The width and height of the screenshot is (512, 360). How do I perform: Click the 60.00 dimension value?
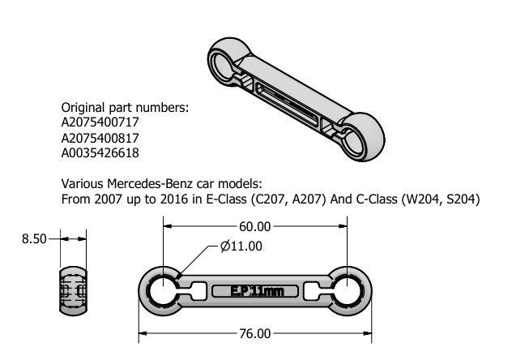click(x=254, y=226)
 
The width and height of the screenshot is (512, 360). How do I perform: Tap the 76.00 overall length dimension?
click(x=255, y=333)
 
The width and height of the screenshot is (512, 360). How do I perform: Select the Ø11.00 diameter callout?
click(x=241, y=246)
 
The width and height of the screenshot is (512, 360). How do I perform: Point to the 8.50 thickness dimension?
click(x=34, y=239)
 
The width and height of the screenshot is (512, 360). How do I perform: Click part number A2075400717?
click(x=100, y=122)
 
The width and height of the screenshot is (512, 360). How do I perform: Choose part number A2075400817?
click(x=100, y=138)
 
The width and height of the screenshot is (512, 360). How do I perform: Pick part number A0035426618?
click(x=100, y=153)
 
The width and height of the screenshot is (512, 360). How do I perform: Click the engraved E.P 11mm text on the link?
click(x=257, y=291)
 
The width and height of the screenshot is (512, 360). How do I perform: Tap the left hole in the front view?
click(x=163, y=291)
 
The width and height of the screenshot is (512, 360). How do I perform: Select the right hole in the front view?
click(x=348, y=291)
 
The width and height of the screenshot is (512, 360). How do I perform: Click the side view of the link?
click(x=73, y=291)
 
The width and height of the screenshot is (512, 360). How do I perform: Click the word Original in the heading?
click(x=83, y=108)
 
